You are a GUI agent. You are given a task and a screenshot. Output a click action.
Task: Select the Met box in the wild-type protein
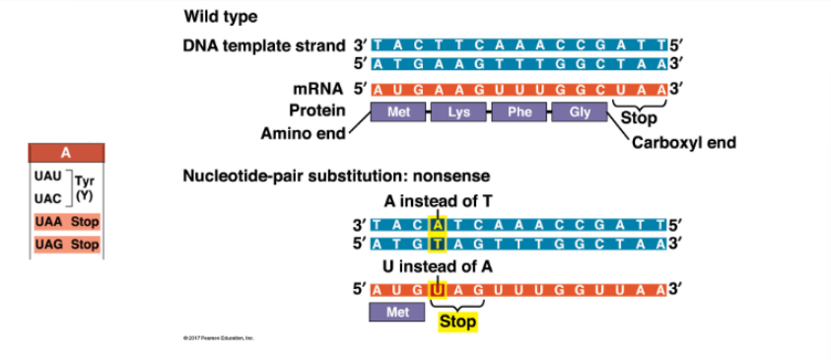398,112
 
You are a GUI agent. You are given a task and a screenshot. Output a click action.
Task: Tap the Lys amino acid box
458,112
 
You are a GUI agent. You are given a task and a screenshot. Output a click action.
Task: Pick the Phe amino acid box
519,112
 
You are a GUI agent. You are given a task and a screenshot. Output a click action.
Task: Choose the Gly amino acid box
579,112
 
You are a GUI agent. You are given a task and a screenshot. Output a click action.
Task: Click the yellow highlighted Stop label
457,322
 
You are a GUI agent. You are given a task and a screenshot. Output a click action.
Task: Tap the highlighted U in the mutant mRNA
437,289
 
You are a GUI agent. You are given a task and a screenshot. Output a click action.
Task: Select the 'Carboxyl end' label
683,142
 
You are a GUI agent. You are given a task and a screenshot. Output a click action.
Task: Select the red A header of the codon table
66,153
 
